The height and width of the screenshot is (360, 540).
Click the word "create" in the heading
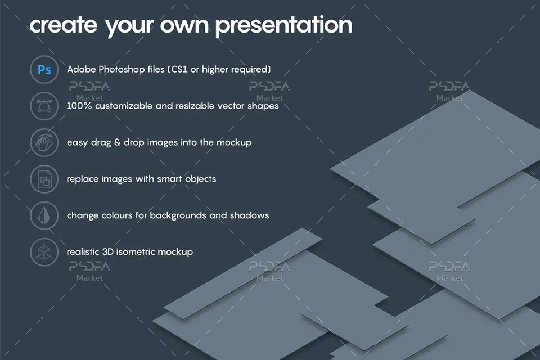point(64,25)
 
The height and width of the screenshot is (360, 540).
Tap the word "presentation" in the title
point(283,25)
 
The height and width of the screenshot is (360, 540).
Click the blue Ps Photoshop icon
point(44,70)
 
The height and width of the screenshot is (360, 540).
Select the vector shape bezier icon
point(44,106)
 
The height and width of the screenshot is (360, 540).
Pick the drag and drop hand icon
point(44,142)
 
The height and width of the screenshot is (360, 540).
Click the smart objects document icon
point(44,179)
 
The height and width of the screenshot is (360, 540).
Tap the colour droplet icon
point(44,215)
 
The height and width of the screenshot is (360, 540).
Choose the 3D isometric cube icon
point(44,252)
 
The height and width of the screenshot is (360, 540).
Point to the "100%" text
point(79,106)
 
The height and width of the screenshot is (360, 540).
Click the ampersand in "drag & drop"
point(117,142)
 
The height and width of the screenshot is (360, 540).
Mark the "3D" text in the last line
point(107,252)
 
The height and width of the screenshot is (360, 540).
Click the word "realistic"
point(83,252)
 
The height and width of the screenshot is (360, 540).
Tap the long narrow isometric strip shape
point(243,273)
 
